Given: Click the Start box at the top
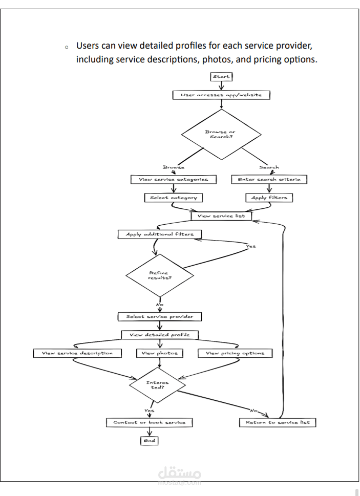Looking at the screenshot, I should (221, 77).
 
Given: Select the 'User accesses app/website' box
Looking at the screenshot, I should (221, 95).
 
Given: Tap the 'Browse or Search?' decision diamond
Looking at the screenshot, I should (221, 135).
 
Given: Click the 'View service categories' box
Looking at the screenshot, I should (173, 180).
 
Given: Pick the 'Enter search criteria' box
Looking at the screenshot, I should (269, 180).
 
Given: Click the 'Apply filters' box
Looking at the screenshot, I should (269, 198).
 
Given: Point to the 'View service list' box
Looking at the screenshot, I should (221, 216).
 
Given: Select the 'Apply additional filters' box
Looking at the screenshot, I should (159, 234).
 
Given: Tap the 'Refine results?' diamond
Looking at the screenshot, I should (159, 275).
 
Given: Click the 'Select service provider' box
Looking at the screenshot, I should (160, 317).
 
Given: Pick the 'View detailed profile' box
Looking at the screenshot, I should (160, 335).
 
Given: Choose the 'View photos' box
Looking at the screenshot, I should (160, 353).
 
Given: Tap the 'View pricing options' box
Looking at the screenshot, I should (235, 353).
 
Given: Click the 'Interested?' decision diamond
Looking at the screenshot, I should (157, 384).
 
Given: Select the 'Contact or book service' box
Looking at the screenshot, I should (150, 422).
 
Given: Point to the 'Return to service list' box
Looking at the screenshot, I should (278, 422).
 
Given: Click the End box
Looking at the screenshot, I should (150, 440).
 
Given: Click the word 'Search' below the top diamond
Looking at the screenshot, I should (269, 167).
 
